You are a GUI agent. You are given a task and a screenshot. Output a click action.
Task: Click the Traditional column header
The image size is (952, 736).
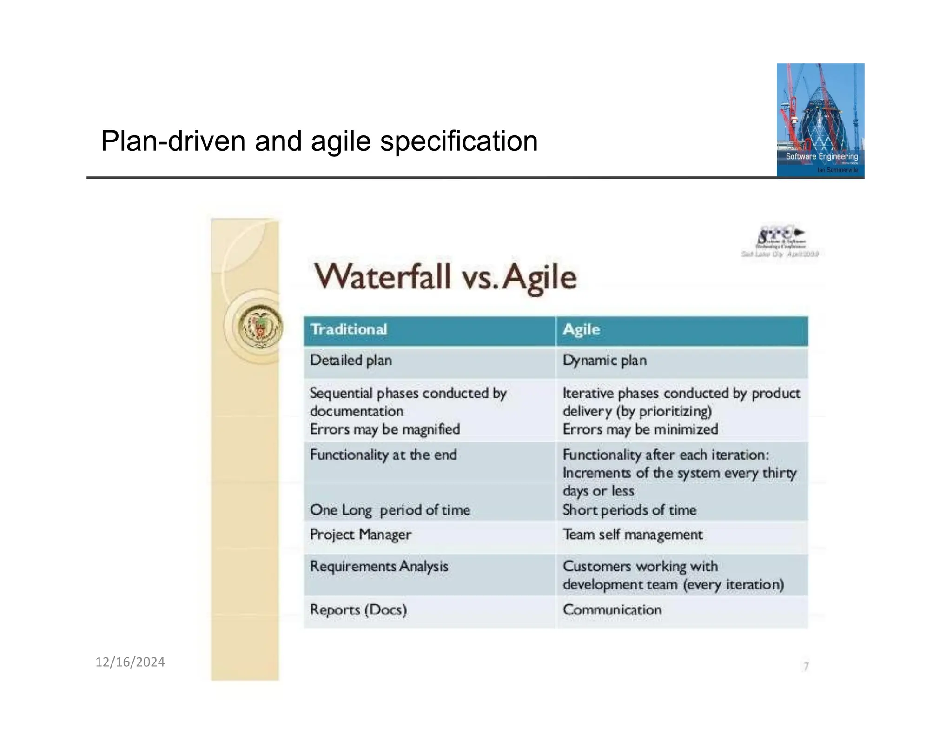349,329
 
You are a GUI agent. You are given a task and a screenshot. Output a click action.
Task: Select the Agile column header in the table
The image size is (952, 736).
581,329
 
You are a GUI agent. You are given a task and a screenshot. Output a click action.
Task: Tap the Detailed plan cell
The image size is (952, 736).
351,361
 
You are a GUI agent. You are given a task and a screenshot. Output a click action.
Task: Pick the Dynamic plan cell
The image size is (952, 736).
604,361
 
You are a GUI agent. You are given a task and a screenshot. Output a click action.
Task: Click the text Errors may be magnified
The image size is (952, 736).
385,429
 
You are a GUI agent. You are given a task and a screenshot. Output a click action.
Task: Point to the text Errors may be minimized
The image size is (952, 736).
640,429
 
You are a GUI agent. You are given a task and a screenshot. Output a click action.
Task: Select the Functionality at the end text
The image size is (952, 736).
383,455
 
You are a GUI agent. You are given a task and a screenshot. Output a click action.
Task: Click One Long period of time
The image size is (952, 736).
390,510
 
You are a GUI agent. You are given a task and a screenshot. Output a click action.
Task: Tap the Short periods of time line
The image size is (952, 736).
629,510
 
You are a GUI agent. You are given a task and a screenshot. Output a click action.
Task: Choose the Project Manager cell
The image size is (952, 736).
360,535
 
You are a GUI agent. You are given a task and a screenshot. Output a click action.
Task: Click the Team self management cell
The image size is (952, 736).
632,535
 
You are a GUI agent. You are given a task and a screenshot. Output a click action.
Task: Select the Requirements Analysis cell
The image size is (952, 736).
379,566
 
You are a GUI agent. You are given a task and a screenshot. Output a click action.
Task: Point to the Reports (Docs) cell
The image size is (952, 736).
358,609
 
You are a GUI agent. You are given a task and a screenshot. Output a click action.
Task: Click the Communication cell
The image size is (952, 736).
612,609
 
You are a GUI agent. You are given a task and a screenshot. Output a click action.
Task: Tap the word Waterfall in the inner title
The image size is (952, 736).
383,277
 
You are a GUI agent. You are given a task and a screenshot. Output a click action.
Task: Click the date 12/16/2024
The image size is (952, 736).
130,662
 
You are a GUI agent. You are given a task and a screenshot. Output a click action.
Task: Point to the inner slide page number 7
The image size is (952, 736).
806,666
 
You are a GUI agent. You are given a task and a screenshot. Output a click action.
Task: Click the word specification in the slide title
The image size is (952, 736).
459,141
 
